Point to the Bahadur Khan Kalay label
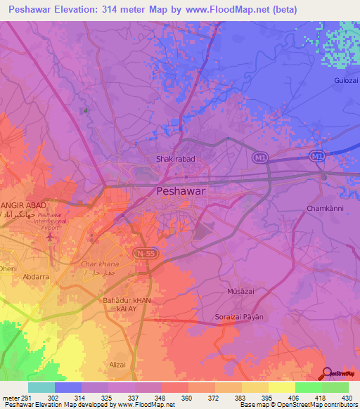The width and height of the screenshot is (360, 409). (x=127, y=304)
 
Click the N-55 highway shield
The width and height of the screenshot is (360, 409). (x=143, y=251)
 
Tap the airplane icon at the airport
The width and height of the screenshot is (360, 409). (x=49, y=235)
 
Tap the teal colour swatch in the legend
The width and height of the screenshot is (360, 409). (x=41, y=387)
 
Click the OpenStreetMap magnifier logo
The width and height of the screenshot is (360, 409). (x=327, y=373)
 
